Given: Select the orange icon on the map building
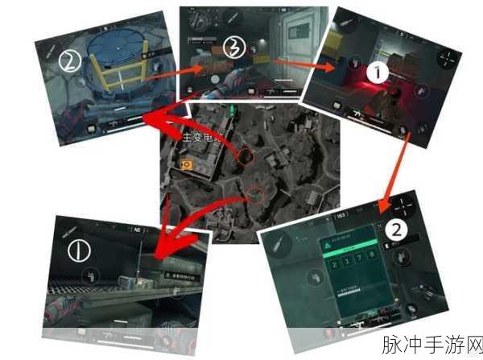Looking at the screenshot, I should pos(187,166).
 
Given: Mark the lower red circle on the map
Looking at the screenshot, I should pos(255,193).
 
